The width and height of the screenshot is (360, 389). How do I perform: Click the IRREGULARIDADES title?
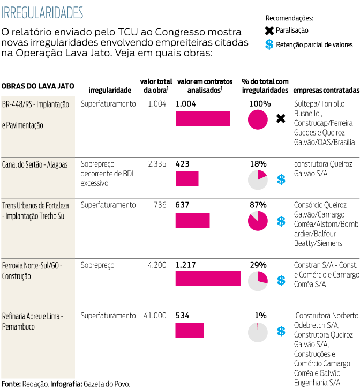click(x=42, y=12)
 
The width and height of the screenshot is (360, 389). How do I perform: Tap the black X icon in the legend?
click(x=269, y=31)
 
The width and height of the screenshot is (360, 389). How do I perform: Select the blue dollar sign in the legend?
click(x=269, y=44)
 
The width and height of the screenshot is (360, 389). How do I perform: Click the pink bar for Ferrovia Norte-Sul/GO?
click(x=208, y=278)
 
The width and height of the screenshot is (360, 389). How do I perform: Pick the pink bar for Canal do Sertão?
click(x=187, y=178)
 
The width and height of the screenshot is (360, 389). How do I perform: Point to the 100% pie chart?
click(x=258, y=119)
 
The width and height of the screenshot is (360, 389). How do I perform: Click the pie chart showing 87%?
click(x=258, y=221)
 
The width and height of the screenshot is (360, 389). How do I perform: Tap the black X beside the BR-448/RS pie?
click(x=280, y=118)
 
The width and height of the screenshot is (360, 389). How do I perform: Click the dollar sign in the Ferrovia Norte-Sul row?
click(x=281, y=280)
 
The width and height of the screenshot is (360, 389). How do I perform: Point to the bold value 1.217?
click(x=186, y=265)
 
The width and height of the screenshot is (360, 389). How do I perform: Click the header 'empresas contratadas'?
click(x=326, y=91)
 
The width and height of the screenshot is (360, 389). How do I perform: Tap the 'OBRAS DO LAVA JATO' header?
click(x=37, y=86)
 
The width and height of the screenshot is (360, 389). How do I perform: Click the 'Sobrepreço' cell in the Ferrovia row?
click(x=97, y=265)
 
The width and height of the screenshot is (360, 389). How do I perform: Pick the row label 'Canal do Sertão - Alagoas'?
click(x=35, y=164)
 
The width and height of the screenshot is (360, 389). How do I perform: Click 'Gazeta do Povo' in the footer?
click(x=107, y=384)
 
